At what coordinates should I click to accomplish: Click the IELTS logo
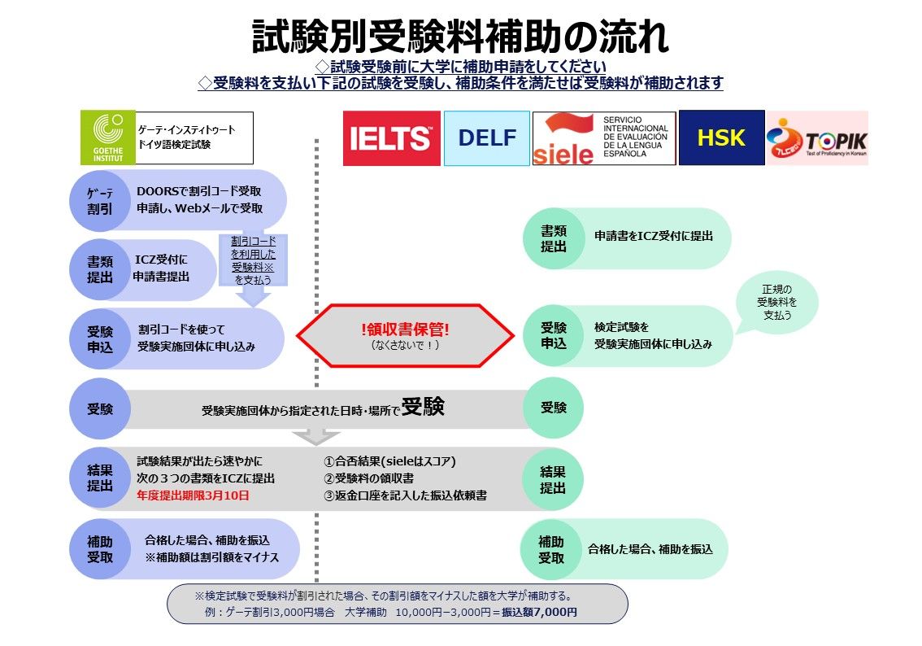click(391, 138)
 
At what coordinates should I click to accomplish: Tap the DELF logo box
click(486, 138)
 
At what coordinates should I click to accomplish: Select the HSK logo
click(721, 138)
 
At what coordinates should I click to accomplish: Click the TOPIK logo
click(817, 138)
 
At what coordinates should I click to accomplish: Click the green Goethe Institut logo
click(108, 138)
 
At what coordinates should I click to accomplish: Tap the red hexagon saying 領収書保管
click(405, 335)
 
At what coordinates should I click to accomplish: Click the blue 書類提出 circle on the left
click(101, 270)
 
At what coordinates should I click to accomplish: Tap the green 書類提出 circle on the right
click(553, 238)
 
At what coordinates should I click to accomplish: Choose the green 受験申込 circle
click(553, 336)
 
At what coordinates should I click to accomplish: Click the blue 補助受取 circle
click(100, 549)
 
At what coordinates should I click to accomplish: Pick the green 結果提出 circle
click(553, 478)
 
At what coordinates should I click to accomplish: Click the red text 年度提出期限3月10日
click(193, 495)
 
